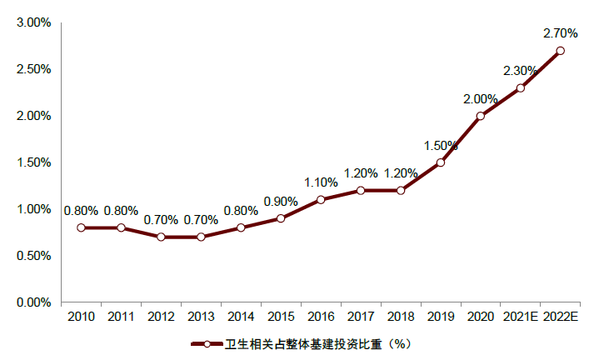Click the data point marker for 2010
(81, 227)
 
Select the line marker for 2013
(201, 237)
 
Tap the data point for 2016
(321, 200)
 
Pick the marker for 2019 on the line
(441, 162)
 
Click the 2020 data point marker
(481, 116)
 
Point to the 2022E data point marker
(560, 51)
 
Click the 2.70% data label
(560, 34)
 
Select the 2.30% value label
(520, 72)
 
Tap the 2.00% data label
(481, 99)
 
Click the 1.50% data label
(441, 145)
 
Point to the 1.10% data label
(321, 182)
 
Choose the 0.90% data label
(281, 202)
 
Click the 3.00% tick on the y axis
(34, 22)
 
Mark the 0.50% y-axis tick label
(34, 256)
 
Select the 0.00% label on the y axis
(34, 302)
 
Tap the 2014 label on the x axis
(241, 317)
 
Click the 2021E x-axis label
(520, 317)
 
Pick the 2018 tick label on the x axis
(401, 317)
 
